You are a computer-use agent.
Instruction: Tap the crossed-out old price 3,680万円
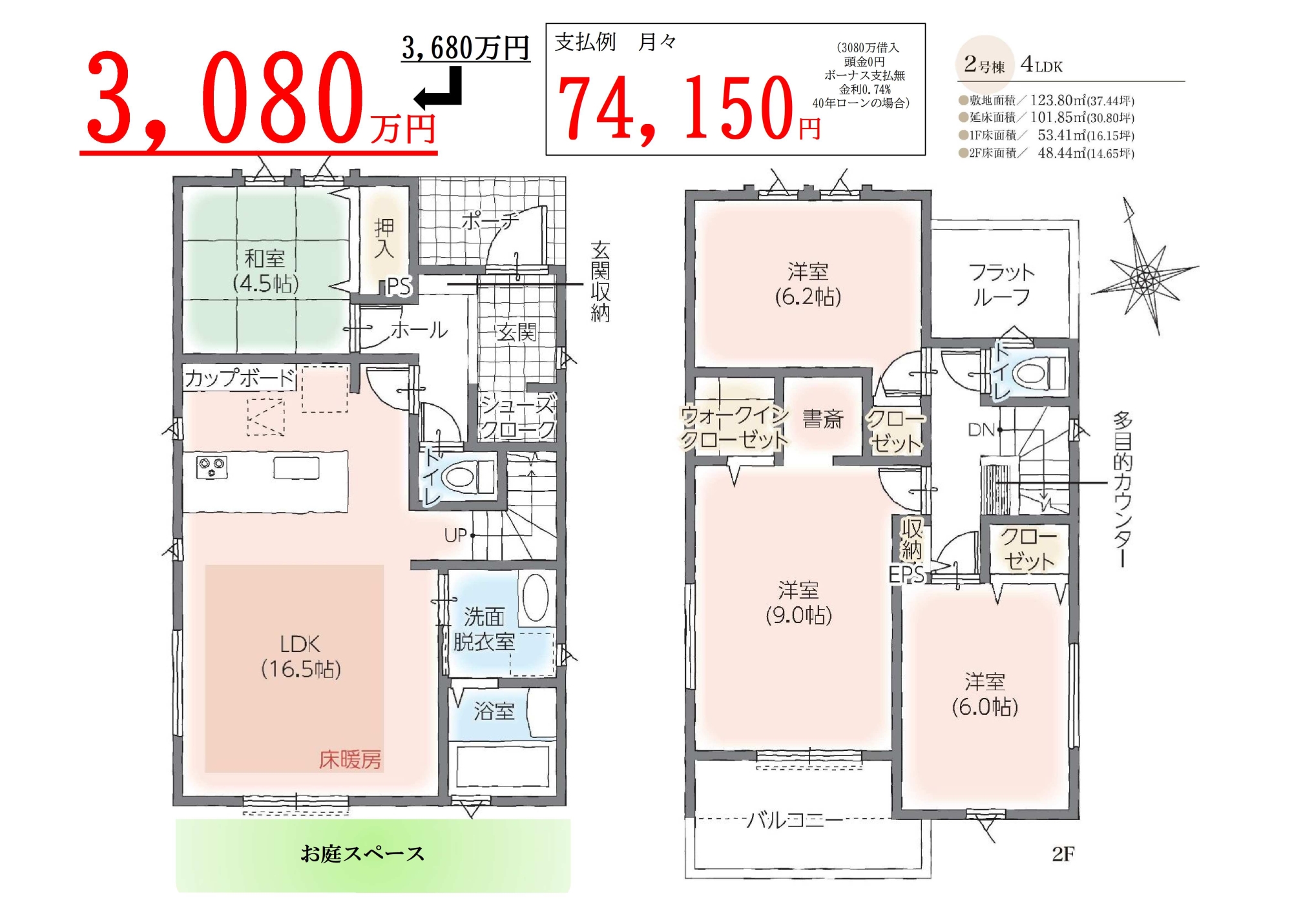coord(465,47)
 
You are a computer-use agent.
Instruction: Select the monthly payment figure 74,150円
coord(689,107)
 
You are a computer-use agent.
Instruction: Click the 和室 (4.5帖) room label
coord(265,271)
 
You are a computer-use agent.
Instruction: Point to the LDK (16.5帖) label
coord(300,656)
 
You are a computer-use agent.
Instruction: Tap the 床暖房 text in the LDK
coord(350,759)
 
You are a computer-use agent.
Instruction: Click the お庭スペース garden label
coord(362,854)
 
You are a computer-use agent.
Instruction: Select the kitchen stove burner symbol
coord(212,467)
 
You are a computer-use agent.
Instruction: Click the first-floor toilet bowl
coord(459,478)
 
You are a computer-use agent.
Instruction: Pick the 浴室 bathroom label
coord(494,712)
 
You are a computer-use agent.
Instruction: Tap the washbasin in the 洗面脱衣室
coord(536,598)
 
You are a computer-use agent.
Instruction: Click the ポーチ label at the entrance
coord(490,221)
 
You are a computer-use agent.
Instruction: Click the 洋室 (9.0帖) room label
coord(798,602)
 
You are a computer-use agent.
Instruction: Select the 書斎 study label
coord(823,419)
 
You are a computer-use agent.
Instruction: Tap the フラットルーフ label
coord(1001,285)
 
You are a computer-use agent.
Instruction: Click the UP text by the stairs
coord(455,535)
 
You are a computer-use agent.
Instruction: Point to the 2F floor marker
coord(1063,854)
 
